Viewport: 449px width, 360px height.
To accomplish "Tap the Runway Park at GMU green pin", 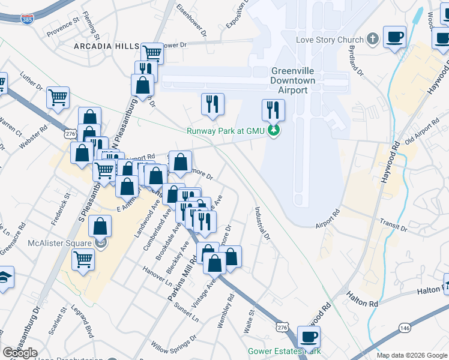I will click(274, 130).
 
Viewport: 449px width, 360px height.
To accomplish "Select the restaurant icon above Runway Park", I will click(273, 110).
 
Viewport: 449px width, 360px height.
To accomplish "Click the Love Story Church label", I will click(330, 40).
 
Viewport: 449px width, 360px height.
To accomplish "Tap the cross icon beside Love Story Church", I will click(373, 40).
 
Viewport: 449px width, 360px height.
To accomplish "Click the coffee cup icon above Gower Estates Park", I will click(309, 337).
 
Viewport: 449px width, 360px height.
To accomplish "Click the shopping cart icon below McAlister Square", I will click(83, 260).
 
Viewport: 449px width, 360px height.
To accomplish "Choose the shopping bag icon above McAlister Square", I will click(101, 227).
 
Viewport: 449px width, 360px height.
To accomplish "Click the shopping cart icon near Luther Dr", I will click(58, 97).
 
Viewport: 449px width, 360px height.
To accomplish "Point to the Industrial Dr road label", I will click(262, 223).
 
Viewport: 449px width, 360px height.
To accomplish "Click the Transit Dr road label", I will click(394, 226).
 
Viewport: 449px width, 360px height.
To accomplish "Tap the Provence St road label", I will click(63, 27).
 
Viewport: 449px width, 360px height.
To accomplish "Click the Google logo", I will click(20, 352).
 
